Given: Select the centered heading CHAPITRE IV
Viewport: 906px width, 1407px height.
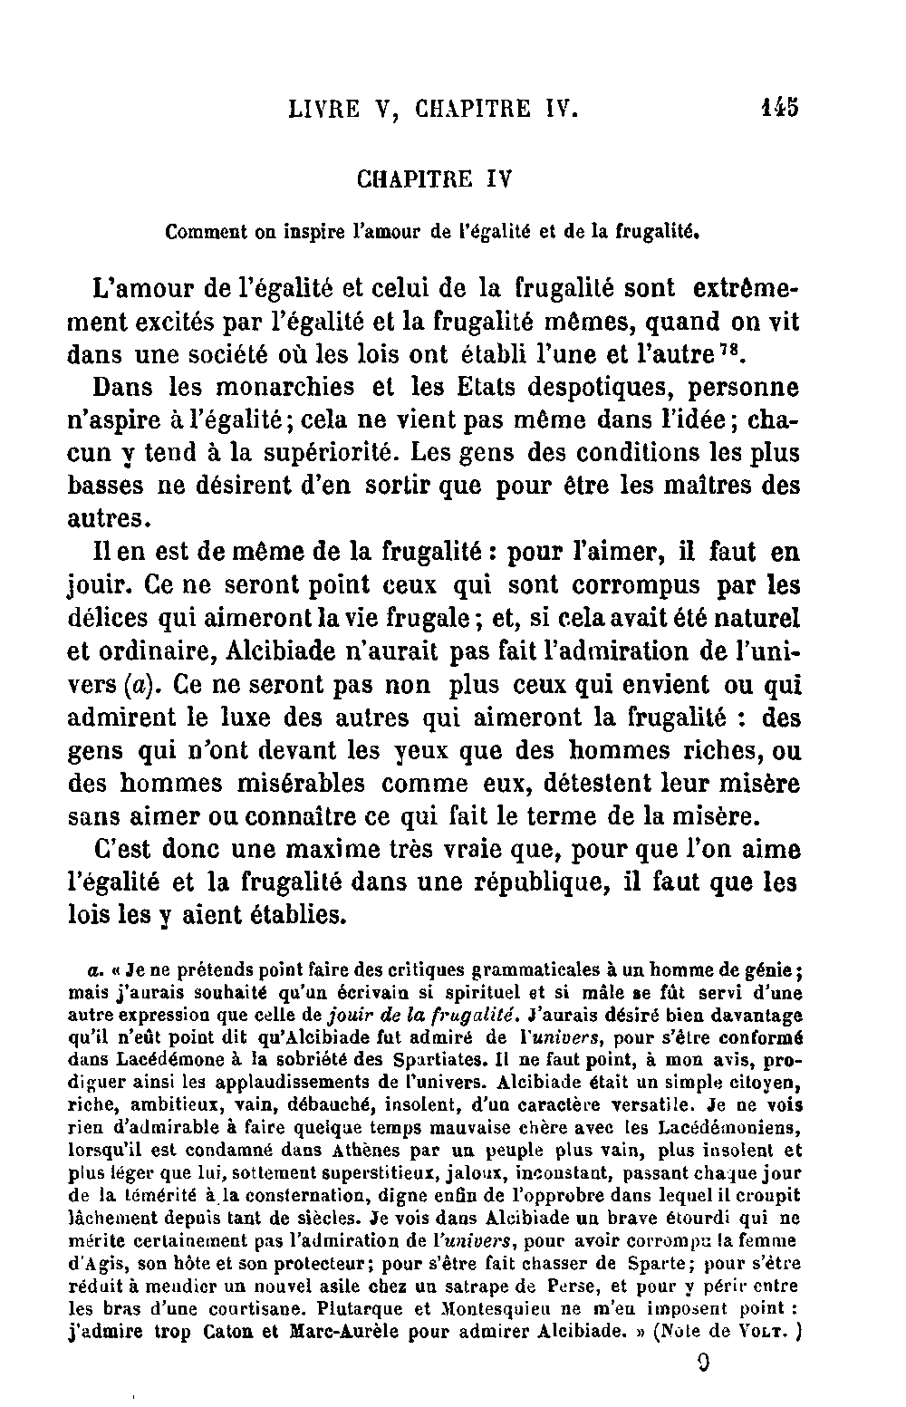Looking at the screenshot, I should pyautogui.click(x=435, y=178).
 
